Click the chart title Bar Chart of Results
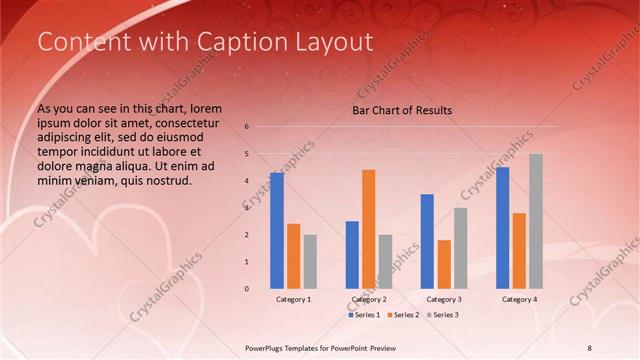click(402, 110)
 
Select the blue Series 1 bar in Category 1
click(277, 230)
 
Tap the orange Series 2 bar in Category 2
click(368, 228)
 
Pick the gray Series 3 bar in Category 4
click(536, 221)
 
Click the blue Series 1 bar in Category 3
click(427, 241)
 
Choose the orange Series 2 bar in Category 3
click(444, 264)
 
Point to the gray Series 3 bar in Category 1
click(310, 261)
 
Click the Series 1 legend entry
click(364, 315)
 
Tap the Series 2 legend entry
click(402, 315)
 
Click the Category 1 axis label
click(293, 299)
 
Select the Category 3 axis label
click(444, 299)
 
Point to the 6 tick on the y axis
click(247, 127)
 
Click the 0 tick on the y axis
click(247, 289)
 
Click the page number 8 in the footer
click(617, 347)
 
